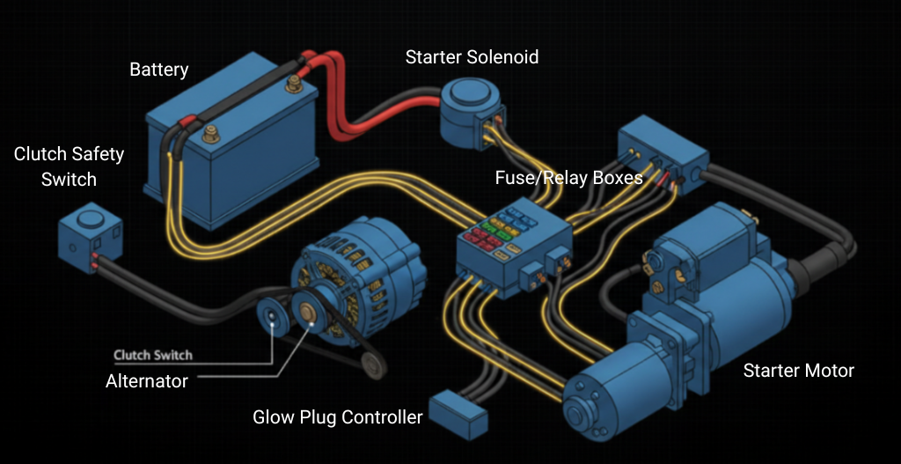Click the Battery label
(159, 69)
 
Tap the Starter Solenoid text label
(472, 57)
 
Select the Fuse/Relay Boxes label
(568, 178)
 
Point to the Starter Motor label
(798, 370)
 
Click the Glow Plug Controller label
(338, 416)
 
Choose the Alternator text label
(147, 381)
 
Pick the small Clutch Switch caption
(153, 356)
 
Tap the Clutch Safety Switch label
(69, 166)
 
